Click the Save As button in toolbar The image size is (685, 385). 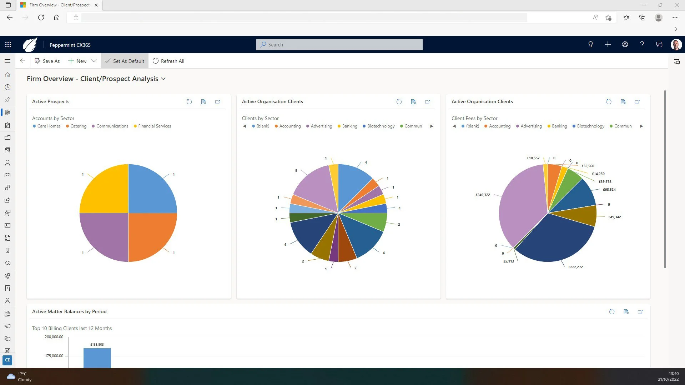(x=47, y=61)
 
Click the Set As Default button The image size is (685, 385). (x=125, y=61)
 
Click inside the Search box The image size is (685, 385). (x=339, y=45)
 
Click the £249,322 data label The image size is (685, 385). (x=483, y=195)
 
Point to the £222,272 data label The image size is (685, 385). (x=575, y=267)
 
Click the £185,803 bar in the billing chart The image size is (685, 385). (x=97, y=357)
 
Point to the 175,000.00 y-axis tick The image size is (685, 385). (x=54, y=356)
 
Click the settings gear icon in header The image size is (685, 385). (x=625, y=45)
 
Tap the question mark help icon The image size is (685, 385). (x=642, y=45)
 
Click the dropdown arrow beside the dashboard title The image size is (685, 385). (x=163, y=79)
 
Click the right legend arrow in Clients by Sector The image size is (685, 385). (x=432, y=126)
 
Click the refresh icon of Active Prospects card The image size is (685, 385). (x=189, y=102)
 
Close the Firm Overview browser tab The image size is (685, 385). (x=96, y=5)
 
